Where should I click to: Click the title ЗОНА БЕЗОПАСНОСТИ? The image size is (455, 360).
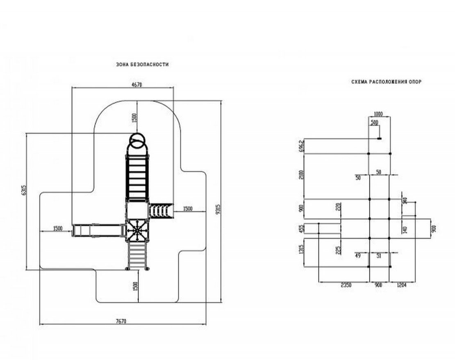[142, 65]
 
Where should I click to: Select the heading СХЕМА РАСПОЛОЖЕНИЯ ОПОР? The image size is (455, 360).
[386, 82]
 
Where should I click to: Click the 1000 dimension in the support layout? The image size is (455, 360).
[378, 114]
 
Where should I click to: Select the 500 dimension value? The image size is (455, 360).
[374, 122]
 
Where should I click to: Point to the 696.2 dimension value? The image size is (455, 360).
[301, 145]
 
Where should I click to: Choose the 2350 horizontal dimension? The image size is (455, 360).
[344, 285]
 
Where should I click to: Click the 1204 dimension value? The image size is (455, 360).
[401, 285]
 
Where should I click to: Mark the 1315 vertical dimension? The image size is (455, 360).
[301, 249]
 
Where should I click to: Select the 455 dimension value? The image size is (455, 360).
[301, 228]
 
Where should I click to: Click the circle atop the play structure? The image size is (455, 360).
[137, 142]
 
